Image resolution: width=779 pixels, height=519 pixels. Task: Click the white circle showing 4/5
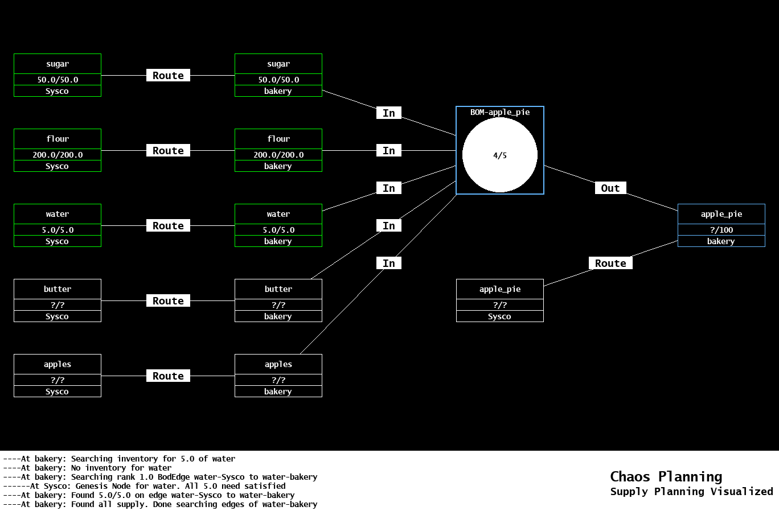point(499,155)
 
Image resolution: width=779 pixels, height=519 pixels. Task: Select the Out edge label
point(610,188)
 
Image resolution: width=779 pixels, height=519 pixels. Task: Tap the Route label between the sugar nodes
point(168,76)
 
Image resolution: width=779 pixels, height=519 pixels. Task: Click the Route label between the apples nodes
point(168,376)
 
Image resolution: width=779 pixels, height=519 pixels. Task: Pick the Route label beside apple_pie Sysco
point(610,263)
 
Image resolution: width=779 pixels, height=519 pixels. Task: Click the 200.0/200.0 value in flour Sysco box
point(58,155)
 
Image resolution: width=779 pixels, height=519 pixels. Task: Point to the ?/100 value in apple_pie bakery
point(721,230)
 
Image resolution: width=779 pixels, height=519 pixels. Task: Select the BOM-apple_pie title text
point(500,112)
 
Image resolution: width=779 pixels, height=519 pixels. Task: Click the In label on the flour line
point(389,151)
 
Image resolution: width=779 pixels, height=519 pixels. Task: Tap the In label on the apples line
point(389,263)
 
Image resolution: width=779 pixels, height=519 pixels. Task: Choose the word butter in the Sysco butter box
point(58,289)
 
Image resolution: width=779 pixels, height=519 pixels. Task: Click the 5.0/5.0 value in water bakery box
point(278,230)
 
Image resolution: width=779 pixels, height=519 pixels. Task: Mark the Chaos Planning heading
point(666,477)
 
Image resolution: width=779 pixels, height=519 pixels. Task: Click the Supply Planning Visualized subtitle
point(691,492)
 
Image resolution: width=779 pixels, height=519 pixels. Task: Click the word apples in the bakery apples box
point(278,364)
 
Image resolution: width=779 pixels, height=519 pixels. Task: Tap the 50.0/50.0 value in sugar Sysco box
point(58,80)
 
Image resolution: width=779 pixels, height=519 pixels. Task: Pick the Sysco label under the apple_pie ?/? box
point(499,316)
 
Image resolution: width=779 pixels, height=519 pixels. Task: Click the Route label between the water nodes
point(168,226)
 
